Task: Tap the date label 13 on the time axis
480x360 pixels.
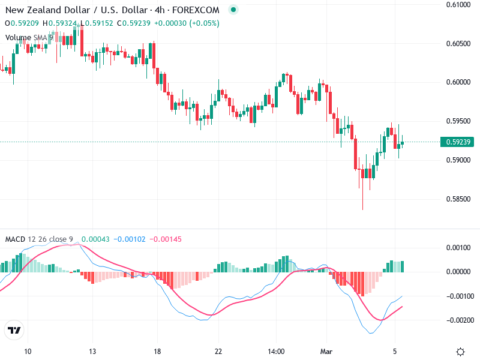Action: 92,352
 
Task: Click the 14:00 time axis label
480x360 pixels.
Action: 276,352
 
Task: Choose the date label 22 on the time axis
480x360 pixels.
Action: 218,352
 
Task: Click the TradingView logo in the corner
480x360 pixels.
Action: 14,331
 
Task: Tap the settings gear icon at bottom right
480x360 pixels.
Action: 460,352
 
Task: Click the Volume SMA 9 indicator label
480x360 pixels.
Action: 29,37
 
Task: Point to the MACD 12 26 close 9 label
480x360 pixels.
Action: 39,239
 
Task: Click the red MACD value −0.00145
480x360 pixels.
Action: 164,239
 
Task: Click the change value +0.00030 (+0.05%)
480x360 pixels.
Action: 187,23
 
